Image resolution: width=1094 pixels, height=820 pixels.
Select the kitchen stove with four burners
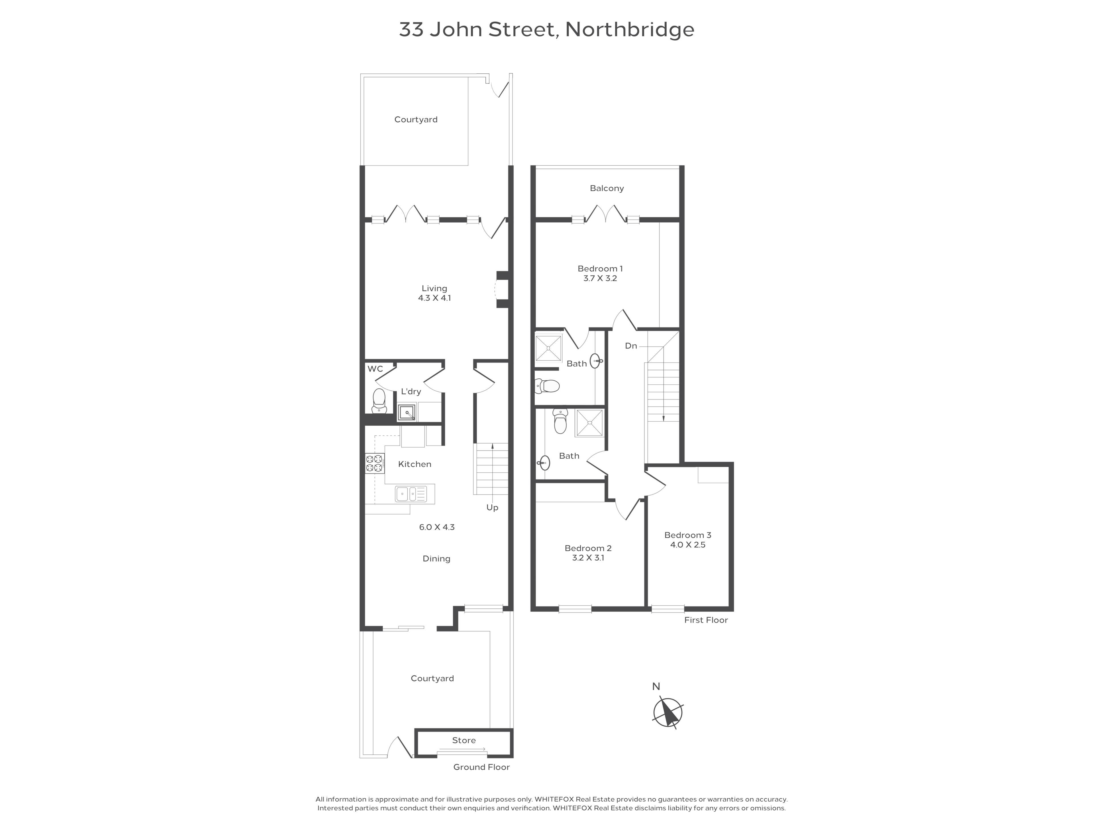pyautogui.click(x=374, y=463)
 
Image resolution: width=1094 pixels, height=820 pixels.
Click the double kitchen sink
pyautogui.click(x=411, y=494)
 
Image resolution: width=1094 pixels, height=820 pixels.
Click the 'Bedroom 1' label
pyautogui.click(x=600, y=269)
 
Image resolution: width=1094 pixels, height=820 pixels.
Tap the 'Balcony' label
pyautogui.click(x=607, y=188)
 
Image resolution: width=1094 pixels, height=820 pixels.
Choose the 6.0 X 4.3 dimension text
pyautogui.click(x=437, y=527)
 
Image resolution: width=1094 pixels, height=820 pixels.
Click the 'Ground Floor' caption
pyautogui.click(x=481, y=767)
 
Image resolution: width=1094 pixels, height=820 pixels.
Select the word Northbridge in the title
pyautogui.click(x=630, y=30)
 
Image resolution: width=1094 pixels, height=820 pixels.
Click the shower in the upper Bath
pyautogui.click(x=548, y=348)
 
